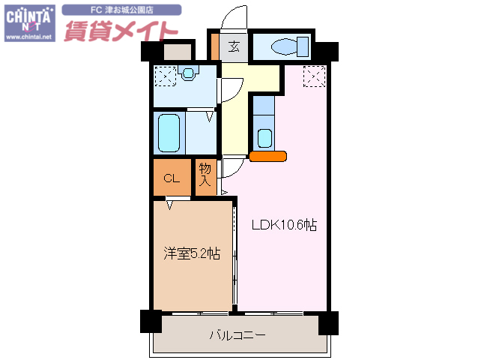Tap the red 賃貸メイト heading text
[x=120, y=31]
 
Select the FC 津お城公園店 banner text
[x=122, y=10]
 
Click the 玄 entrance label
[x=234, y=47]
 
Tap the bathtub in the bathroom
[x=169, y=133]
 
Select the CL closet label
[x=172, y=178]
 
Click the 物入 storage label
[x=206, y=176]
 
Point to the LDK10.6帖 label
[x=283, y=224]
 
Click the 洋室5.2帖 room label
[x=192, y=253]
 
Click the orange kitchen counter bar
[x=268, y=157]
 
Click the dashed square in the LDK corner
[x=314, y=76]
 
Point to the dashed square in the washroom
[x=165, y=76]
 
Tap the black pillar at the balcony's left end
[x=151, y=321]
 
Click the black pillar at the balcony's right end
[x=328, y=322]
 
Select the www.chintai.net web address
[x=29, y=36]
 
